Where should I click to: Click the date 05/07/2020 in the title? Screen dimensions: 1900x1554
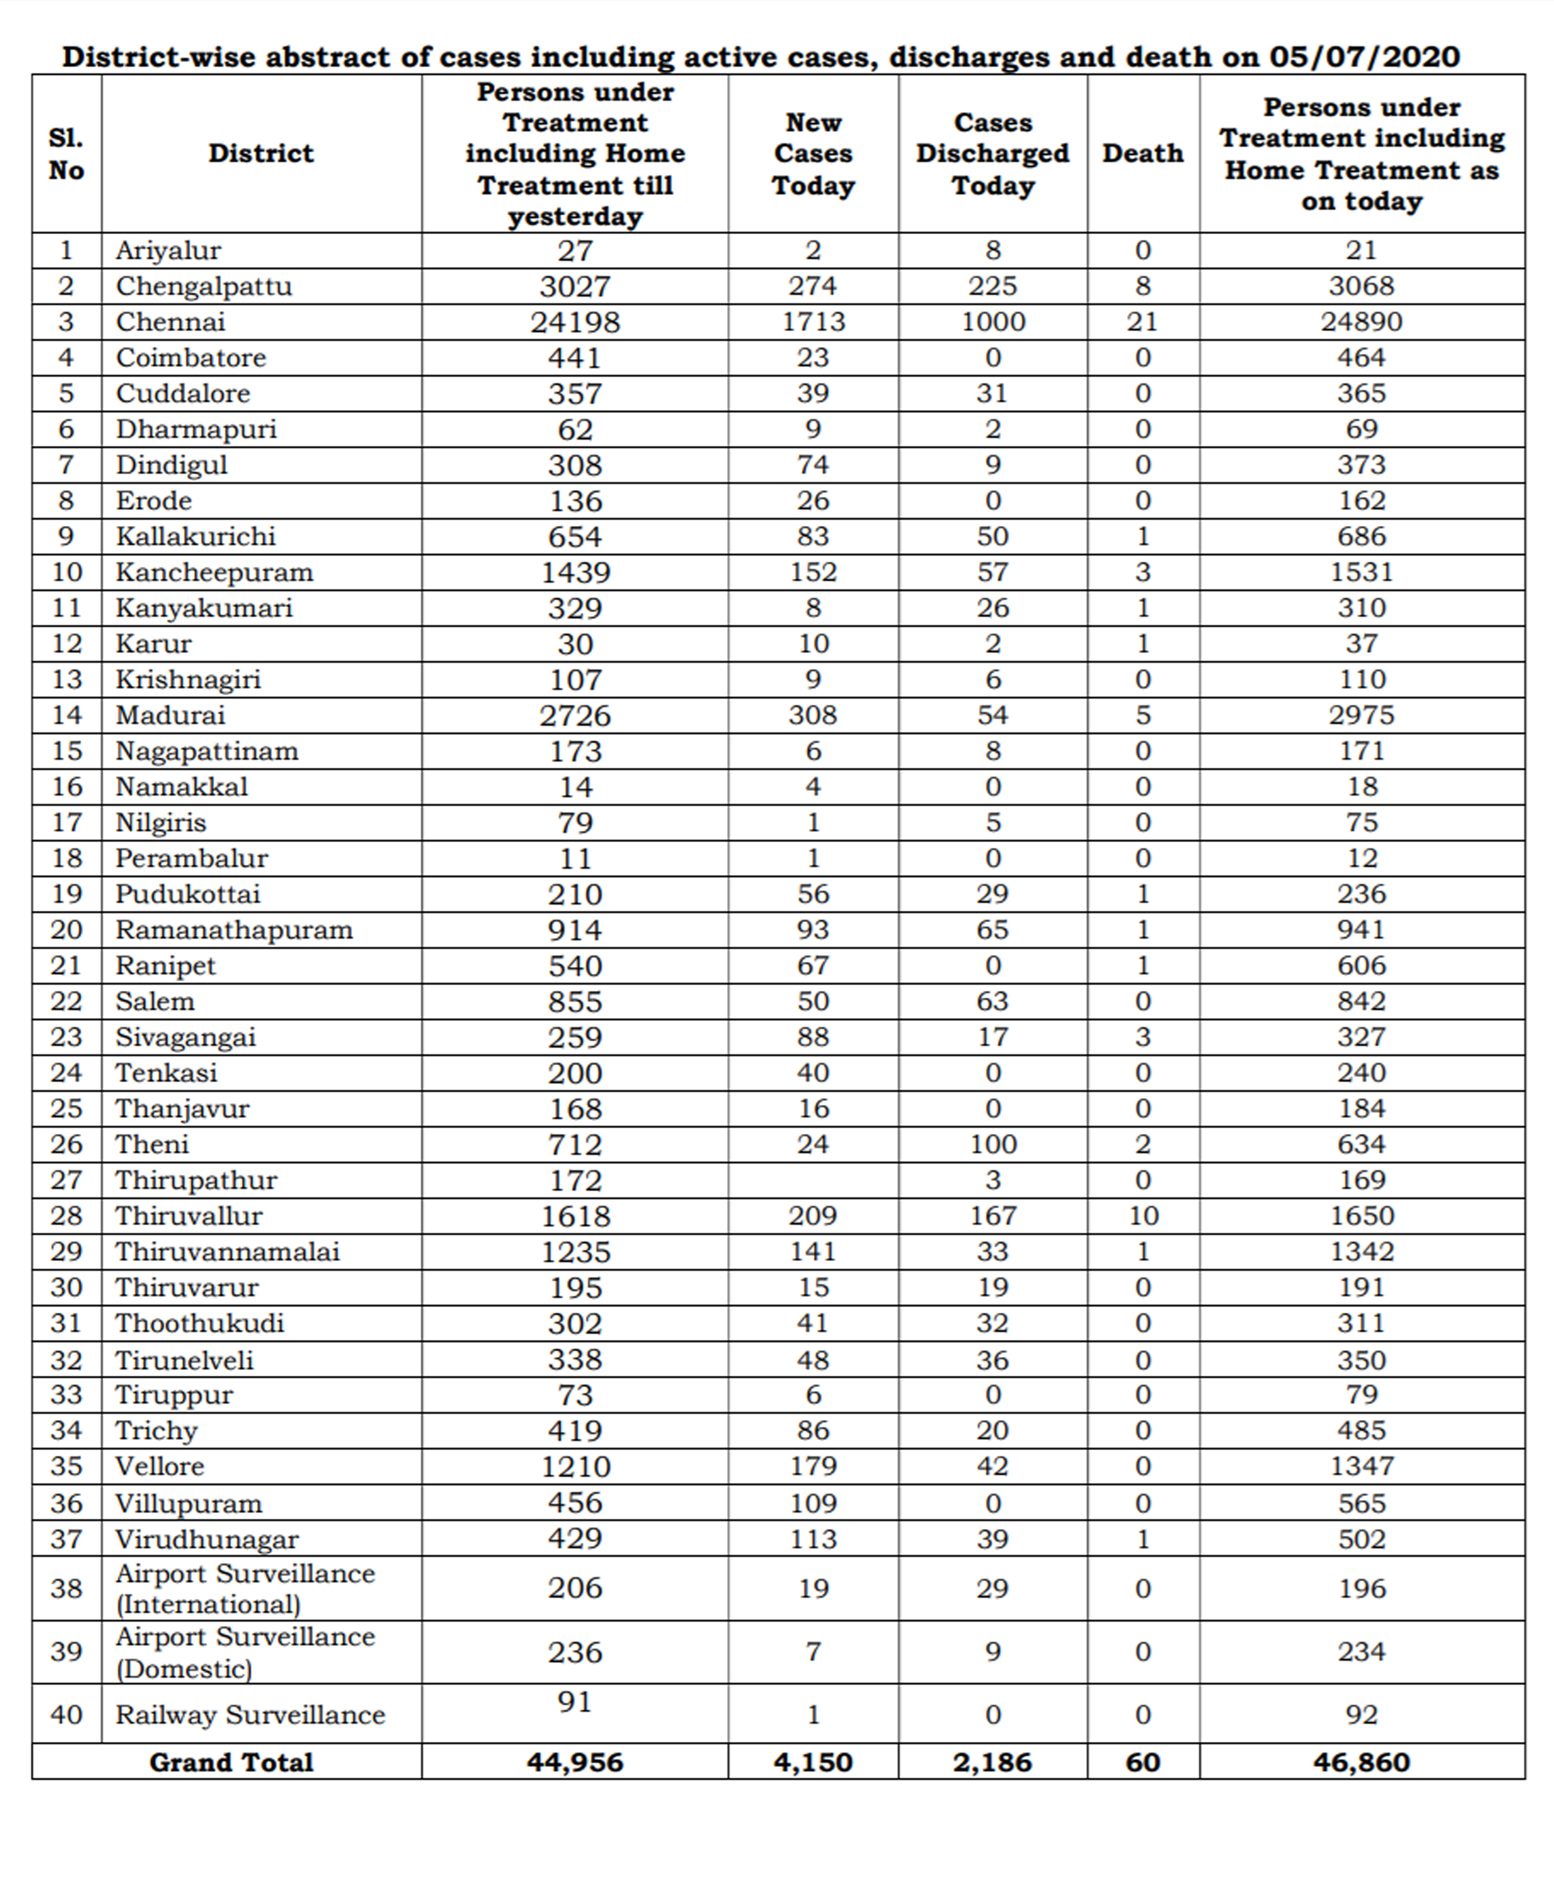coord(1364,57)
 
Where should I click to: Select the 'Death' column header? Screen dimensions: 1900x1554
coord(1142,153)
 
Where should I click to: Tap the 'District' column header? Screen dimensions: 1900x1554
coord(260,153)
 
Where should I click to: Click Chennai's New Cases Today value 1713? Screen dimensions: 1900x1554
coord(813,321)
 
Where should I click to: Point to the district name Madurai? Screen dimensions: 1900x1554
coord(170,715)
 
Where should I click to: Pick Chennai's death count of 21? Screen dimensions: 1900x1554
coord(1142,321)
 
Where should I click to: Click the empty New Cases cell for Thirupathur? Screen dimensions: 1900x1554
coord(813,1180)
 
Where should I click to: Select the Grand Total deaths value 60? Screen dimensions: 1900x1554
coord(1142,1762)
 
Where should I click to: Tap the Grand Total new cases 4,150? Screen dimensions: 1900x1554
coord(813,1762)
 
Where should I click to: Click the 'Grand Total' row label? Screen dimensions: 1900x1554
coord(231,1762)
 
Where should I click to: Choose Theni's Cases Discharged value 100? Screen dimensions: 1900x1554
coord(993,1144)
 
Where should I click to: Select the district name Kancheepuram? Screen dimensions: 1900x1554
coord(214,572)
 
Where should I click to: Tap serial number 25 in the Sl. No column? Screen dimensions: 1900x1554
coord(66,1109)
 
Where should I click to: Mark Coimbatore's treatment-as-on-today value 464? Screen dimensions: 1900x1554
coord(1361,357)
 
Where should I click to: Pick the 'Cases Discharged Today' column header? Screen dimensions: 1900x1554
coord(993,153)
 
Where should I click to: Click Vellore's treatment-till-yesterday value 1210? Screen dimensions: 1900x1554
coord(575,1467)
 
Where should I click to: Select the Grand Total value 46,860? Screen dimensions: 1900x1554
coord(1361,1762)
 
